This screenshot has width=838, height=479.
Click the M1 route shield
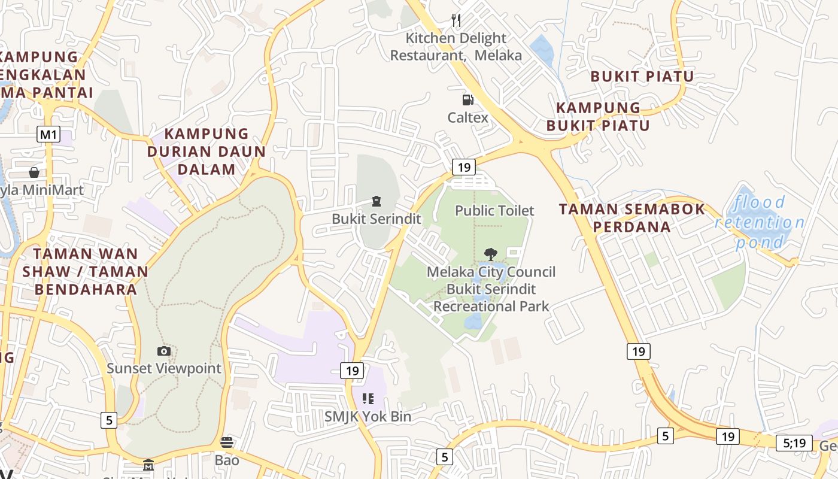click(x=48, y=134)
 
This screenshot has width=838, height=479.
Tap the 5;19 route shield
click(x=794, y=443)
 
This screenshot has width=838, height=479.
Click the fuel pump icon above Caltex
click(x=467, y=100)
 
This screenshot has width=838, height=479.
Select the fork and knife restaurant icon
click(x=456, y=20)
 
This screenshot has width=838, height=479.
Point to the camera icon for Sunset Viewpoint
click(x=163, y=351)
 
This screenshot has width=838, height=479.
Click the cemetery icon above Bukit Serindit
click(x=377, y=201)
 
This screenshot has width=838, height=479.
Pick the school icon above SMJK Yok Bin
click(x=368, y=398)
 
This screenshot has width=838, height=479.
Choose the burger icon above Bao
click(x=227, y=442)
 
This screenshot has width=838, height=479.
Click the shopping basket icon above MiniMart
click(x=34, y=172)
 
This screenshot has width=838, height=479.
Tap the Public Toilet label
click(x=494, y=211)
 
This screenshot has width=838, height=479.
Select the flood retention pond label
click(x=760, y=222)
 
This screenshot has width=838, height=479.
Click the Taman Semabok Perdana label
click(x=632, y=218)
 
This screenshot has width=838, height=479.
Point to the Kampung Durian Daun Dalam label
click(x=207, y=151)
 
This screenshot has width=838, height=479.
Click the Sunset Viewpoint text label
click(x=164, y=368)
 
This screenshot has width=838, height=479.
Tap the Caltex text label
click(x=468, y=117)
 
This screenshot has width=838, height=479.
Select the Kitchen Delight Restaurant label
click(x=456, y=47)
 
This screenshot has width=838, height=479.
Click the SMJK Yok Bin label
click(x=368, y=416)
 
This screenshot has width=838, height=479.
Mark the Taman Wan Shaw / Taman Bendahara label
click(x=85, y=271)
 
